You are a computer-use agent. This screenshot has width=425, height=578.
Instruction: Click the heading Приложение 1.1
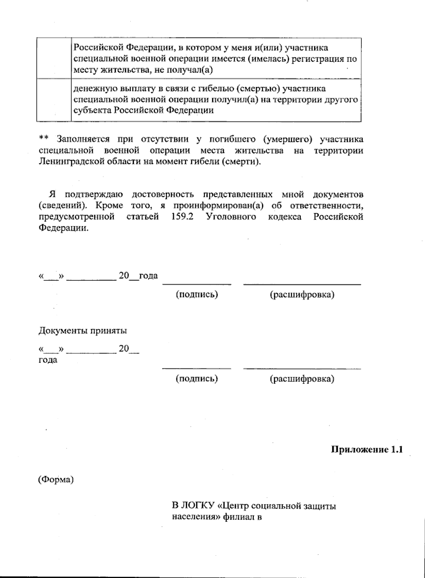[367, 450]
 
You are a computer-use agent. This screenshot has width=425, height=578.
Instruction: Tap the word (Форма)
[56, 480]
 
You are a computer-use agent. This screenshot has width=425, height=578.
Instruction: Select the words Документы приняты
[83, 331]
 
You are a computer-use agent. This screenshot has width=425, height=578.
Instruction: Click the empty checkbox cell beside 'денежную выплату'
[54, 100]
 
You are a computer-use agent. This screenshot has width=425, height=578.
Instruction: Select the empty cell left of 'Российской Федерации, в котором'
[54, 58]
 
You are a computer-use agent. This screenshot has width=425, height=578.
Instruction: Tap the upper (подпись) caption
[197, 295]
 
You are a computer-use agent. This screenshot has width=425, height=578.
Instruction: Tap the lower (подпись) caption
[197, 379]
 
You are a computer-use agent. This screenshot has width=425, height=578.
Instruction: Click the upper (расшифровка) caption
[302, 295]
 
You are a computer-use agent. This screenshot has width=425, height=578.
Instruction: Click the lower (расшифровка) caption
[302, 379]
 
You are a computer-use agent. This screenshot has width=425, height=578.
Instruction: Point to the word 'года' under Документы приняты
[48, 361]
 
